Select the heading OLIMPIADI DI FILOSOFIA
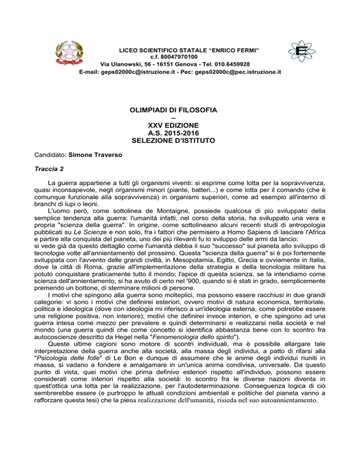pos(180,110)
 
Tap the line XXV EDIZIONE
pos(180,125)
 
